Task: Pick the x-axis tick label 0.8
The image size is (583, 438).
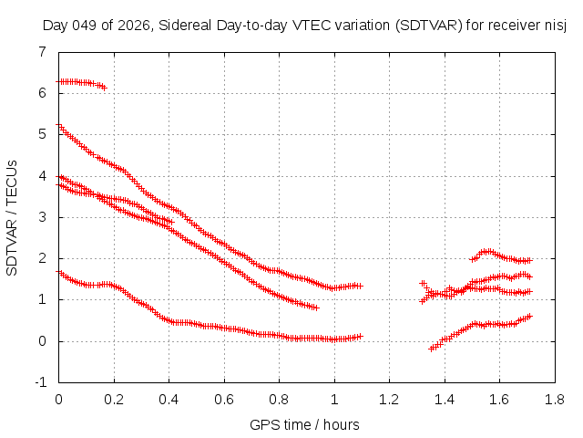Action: [279, 399]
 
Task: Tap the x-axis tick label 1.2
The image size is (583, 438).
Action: [389, 399]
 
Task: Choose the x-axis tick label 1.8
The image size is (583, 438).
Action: [554, 399]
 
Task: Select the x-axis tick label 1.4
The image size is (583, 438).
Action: [444, 399]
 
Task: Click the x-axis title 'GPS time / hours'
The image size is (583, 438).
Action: [304, 424]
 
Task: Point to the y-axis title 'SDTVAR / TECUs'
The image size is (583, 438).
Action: [13, 217]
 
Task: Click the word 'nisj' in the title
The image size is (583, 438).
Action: [556, 25]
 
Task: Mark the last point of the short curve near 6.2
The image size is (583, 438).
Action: [104, 88]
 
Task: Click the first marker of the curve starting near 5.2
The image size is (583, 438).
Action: [58, 126]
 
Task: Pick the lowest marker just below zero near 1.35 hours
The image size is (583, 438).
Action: [432, 349]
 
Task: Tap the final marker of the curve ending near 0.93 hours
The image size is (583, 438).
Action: [315, 308]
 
